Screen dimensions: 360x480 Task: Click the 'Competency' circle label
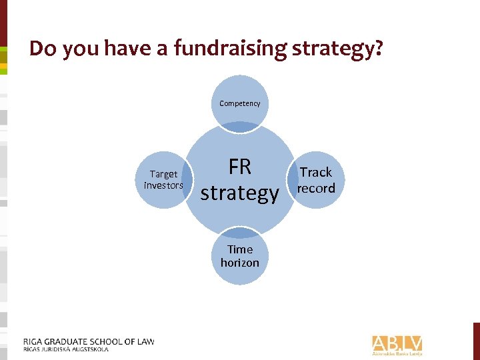coord(240,103)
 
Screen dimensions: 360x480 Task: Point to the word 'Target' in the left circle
coord(163,174)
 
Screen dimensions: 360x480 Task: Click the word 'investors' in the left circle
coord(163,185)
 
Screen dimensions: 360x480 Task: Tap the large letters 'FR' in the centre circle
coord(239,166)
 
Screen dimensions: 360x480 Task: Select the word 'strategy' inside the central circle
coord(239,193)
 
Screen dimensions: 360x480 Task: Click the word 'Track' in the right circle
coord(316,172)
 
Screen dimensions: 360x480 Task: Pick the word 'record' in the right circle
coord(316,188)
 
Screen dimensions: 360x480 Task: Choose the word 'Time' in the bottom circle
coord(240,249)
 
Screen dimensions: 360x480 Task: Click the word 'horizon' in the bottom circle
coord(240,262)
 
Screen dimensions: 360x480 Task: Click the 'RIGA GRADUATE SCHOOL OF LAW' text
coord(89,341)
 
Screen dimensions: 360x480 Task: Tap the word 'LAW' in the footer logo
coord(145,341)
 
